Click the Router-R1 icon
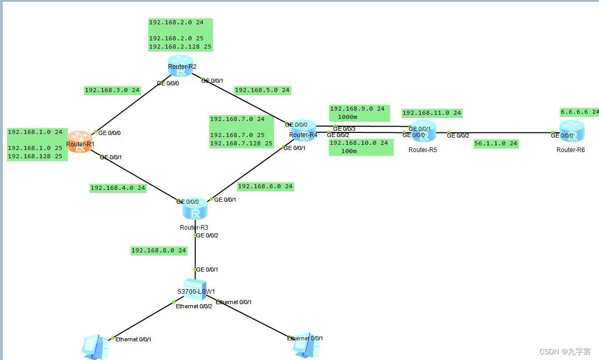[x=80, y=142]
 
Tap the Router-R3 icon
[x=195, y=211]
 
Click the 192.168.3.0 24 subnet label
[x=112, y=90]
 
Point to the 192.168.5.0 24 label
[x=262, y=90]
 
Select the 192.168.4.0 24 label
[x=118, y=188]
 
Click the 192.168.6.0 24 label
[x=265, y=186]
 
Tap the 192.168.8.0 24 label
[x=159, y=250]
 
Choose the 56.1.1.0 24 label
[x=496, y=144]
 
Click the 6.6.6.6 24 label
[x=579, y=112]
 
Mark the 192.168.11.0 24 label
[x=431, y=113]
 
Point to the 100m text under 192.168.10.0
[x=349, y=151]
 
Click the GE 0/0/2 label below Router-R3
[x=207, y=235]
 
